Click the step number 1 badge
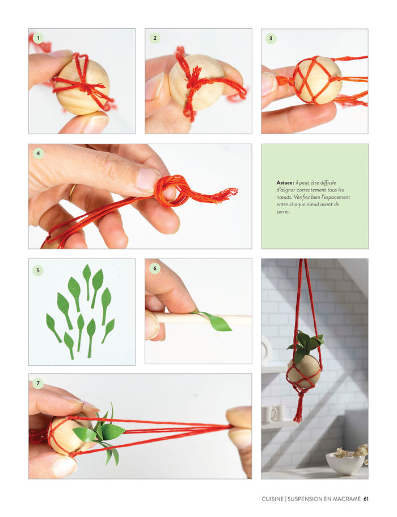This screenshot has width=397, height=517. coord(38,38)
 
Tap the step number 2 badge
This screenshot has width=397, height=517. coord(155,38)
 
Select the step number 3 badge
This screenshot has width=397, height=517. coord(271,38)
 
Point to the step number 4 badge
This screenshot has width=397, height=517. coord(38,153)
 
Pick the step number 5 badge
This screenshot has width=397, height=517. coord(38,270)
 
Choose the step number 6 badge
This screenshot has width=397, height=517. coord(155,268)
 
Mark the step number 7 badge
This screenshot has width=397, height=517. coord(38,383)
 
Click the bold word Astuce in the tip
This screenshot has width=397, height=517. coord(284,182)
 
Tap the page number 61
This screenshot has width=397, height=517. coord(366,499)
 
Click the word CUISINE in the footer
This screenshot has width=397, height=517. coord(273,499)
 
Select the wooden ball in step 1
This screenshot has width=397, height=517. coord(82,87)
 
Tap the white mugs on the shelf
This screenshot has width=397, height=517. coord(273,413)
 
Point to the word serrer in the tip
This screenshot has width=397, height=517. coord(283,212)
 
